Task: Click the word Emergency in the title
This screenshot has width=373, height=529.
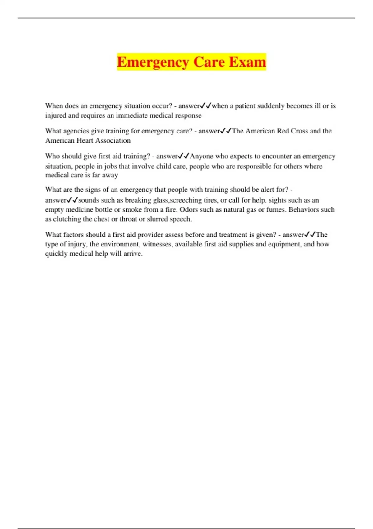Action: pos(153,62)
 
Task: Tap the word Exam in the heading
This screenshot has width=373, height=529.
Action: pos(248,62)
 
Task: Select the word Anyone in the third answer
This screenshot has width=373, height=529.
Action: pos(201,156)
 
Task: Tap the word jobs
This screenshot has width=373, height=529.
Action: pos(110,166)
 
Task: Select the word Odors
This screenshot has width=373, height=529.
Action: pos(189,210)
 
